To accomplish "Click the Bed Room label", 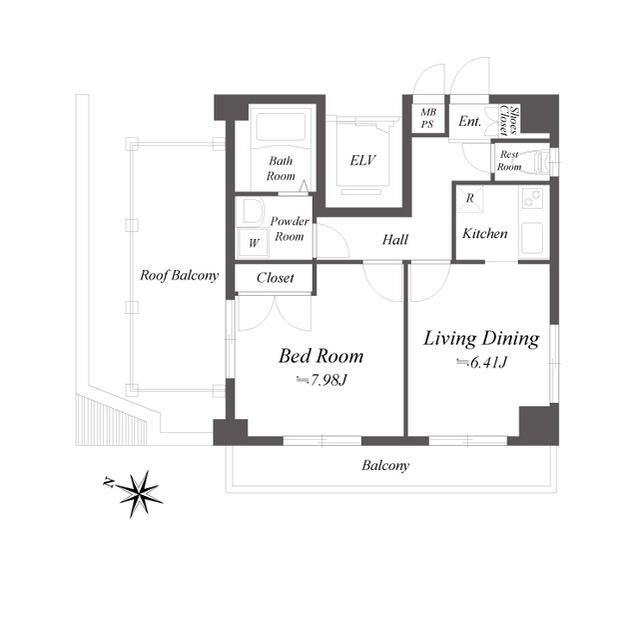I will tap(320, 356).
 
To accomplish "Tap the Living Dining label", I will tap(481, 338).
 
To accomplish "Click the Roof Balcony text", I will tap(179, 276).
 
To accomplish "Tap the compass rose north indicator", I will tap(137, 492).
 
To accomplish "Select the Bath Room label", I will tap(281, 167).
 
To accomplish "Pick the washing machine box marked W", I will tap(251, 241).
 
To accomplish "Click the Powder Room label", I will tap(289, 230).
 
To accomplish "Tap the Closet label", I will tap(275, 278).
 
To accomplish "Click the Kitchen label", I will tap(484, 234).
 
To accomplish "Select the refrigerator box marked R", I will tap(469, 198).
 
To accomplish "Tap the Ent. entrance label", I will tap(470, 122).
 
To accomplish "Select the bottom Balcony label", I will tap(385, 465).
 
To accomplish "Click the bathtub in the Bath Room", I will tap(281, 129).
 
